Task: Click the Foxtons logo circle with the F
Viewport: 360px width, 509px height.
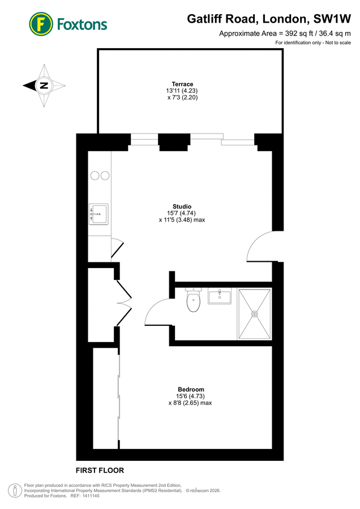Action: (x=41, y=24)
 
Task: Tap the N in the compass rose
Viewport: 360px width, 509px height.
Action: (x=44, y=86)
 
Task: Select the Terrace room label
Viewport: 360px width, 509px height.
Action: (x=183, y=84)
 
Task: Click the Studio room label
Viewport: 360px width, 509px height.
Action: (x=182, y=206)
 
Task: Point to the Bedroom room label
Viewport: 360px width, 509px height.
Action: (x=191, y=390)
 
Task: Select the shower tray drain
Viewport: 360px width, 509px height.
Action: (x=254, y=313)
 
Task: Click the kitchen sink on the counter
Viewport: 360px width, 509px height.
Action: (x=98, y=214)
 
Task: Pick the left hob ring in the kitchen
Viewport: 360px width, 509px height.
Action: (x=95, y=176)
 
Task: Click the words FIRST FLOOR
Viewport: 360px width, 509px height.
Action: (x=100, y=471)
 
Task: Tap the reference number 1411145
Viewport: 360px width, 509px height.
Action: (x=91, y=496)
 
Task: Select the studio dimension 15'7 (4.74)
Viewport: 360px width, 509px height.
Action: (x=181, y=213)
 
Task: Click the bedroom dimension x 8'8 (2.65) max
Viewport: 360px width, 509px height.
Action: (x=190, y=403)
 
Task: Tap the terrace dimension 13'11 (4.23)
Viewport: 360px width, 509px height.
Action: (x=182, y=90)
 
